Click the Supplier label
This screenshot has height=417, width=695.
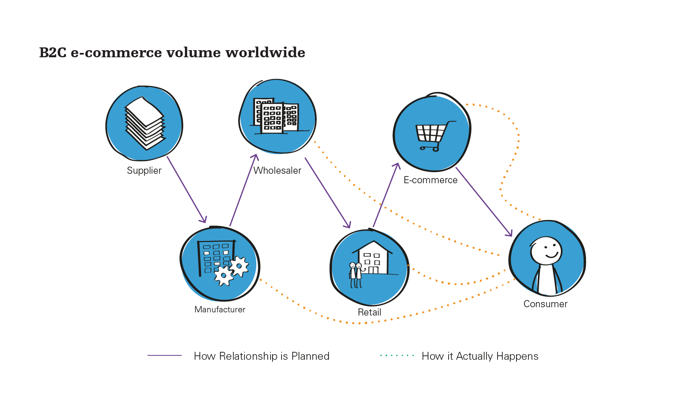click(x=144, y=171)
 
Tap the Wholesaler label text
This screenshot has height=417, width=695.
click(x=277, y=171)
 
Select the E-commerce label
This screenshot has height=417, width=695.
click(x=430, y=180)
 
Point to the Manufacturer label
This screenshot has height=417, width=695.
click(x=220, y=310)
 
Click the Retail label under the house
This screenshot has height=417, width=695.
click(x=369, y=312)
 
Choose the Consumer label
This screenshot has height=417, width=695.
click(x=545, y=304)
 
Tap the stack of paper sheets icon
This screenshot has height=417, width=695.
click(x=145, y=123)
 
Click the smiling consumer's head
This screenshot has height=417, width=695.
click(x=546, y=251)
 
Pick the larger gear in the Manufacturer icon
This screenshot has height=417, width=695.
click(x=224, y=276)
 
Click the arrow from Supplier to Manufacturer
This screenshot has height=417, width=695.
click(x=186, y=190)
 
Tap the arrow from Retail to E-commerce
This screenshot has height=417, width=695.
click(x=386, y=195)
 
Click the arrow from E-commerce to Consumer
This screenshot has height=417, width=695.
click(x=484, y=201)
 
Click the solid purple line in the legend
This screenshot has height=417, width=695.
click(x=164, y=355)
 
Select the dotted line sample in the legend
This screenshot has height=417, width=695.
click(x=397, y=355)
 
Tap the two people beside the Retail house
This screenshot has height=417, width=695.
click(x=355, y=274)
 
